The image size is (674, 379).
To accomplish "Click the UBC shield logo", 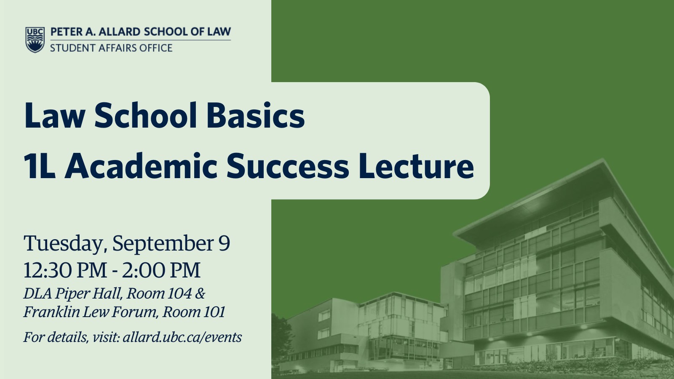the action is pos(35,40).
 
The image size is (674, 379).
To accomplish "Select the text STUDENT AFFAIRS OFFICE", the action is pos(111,48).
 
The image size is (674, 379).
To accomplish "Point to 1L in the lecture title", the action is pos(40,166).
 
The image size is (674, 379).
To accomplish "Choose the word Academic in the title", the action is pos(141,165).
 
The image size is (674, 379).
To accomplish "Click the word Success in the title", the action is pos(288,166).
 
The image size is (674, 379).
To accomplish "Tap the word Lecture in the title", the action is pos(416,166).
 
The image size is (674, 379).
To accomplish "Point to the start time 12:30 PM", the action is pos(65,270).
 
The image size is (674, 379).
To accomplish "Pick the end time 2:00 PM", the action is pos(161,270).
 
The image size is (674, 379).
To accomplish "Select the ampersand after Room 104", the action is pos(200,293).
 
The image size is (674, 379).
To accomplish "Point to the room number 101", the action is pos(214,312).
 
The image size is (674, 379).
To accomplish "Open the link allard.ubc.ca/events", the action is pos(182,337).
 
